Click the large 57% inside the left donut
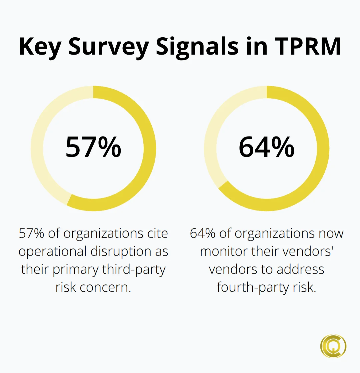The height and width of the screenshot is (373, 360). (x=93, y=147)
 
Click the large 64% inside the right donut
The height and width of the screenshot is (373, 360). (x=267, y=147)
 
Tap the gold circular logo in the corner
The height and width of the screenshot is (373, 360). (x=333, y=346)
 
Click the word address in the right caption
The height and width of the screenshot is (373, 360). (x=300, y=269)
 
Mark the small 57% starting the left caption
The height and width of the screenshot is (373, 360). (x=31, y=233)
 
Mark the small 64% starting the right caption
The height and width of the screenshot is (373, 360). (x=203, y=233)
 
